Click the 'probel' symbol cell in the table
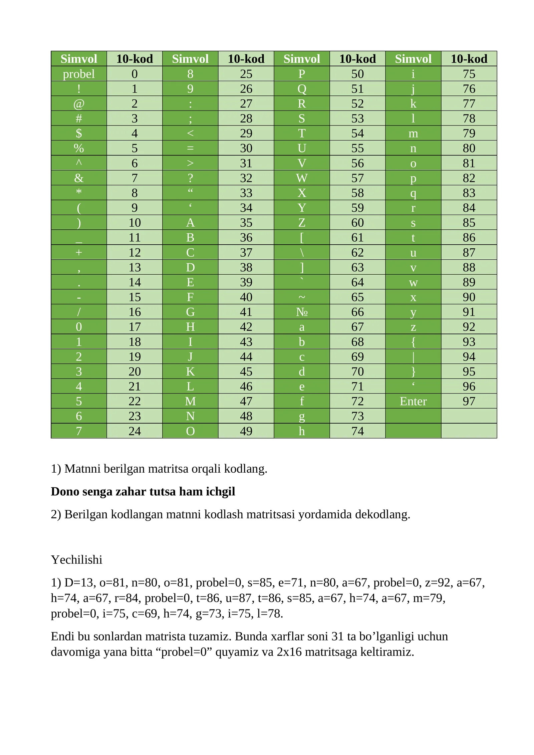79,74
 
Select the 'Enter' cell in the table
413,401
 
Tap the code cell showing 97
469,401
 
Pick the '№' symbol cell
302,312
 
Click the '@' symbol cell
79,104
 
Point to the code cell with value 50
357,74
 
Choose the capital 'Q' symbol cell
302,89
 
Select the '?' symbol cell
190,178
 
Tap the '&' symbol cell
79,178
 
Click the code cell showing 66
357,312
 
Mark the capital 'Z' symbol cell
302,223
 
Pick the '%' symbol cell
79,148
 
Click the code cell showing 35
246,223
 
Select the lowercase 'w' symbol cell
413,282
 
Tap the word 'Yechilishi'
76,560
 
